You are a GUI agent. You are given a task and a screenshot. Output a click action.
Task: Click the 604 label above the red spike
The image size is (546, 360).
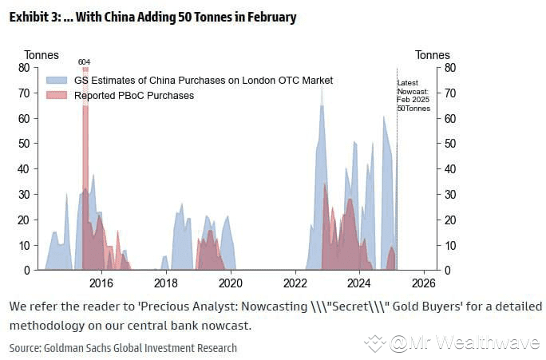tap(84, 61)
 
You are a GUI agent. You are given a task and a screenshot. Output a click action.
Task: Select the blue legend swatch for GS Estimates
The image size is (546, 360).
tap(57, 81)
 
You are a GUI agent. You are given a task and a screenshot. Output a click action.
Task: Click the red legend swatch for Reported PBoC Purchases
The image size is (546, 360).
tap(57, 96)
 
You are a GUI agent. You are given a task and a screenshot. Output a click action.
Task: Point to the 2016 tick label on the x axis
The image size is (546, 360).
tap(101, 283)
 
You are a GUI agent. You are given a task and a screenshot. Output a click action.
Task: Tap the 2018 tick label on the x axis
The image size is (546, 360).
tap(165, 283)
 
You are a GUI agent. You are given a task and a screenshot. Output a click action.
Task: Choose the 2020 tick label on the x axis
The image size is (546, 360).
tap(230, 283)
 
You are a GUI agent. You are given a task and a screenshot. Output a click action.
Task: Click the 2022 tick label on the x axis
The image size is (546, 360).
tap(295, 283)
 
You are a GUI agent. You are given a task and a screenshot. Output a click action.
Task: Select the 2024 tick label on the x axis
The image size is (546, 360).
tap(359, 283)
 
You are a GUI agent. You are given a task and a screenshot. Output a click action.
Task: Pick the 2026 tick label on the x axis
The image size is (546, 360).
tap(424, 283)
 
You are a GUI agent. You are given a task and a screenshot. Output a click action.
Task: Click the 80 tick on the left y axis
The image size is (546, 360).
tap(24, 68)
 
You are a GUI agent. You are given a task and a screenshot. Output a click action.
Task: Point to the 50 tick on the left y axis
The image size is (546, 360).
tap(24, 144)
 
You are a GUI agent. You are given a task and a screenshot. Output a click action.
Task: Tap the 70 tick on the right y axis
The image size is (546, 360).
tap(449, 93)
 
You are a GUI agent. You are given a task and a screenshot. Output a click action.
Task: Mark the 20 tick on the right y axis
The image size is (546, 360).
tap(449, 220)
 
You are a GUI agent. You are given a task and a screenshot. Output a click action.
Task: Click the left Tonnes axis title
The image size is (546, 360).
tap(42, 55)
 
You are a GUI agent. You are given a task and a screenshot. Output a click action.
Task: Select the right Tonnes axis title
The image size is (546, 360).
tap(433, 55)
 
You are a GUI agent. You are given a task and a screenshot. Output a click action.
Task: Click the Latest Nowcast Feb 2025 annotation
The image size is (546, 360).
tap(413, 96)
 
